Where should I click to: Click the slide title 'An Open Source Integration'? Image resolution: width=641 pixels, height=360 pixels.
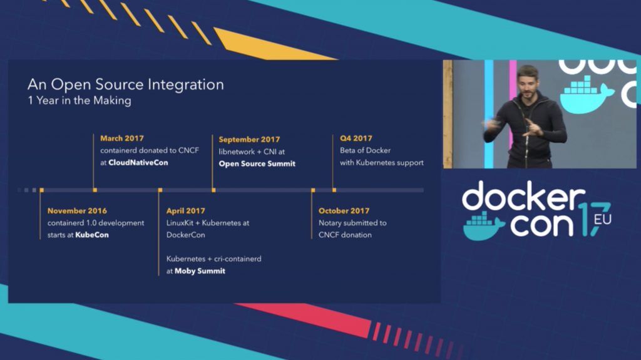[x=125, y=85]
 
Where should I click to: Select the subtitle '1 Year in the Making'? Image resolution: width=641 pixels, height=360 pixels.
[x=79, y=101]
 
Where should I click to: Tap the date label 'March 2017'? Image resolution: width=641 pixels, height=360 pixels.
[x=122, y=138]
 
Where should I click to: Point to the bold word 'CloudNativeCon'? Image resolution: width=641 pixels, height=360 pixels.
[x=138, y=162]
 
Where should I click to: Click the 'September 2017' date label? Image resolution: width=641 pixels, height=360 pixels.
[x=249, y=140]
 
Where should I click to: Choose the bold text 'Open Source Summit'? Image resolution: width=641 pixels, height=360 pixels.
[x=257, y=163]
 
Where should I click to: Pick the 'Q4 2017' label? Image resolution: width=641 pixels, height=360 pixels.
[x=356, y=138]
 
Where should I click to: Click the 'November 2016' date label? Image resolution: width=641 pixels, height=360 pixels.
[x=77, y=211]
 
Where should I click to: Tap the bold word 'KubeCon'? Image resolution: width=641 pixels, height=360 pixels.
[x=92, y=235]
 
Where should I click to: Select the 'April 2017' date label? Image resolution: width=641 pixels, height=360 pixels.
[x=185, y=211]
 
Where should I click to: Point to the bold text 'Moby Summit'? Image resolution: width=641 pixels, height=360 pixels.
[x=200, y=271]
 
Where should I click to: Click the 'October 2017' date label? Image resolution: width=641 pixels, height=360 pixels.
[x=344, y=211]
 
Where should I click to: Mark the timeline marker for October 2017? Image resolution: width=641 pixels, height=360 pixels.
[x=313, y=190]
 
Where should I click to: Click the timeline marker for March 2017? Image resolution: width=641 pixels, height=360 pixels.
[x=95, y=190]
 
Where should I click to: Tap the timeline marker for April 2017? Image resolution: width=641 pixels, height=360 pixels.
[x=160, y=190]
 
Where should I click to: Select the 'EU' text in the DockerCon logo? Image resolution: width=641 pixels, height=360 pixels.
[x=603, y=220]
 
